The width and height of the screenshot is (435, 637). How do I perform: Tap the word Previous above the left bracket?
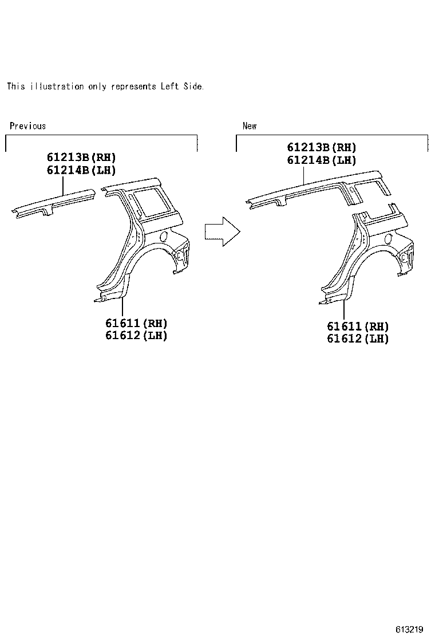[x=27, y=126]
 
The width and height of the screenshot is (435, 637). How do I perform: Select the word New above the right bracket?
[x=250, y=126]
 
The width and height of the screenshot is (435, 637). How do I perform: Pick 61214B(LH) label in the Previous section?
[x=81, y=170]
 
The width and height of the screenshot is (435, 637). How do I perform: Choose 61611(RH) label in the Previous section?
[x=136, y=324]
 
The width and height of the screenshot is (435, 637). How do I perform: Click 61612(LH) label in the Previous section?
[x=136, y=336]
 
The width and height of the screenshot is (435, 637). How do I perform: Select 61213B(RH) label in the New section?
[x=322, y=148]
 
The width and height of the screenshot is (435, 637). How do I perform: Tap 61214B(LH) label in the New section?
[x=322, y=160]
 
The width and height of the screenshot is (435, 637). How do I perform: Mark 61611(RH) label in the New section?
[x=358, y=327]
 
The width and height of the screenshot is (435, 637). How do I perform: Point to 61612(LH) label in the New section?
[x=358, y=339]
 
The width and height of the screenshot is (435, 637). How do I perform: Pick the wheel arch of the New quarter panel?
[x=378, y=258]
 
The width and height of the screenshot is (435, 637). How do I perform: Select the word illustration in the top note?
[x=57, y=86]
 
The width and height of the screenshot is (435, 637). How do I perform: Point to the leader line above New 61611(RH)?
[x=344, y=309]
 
